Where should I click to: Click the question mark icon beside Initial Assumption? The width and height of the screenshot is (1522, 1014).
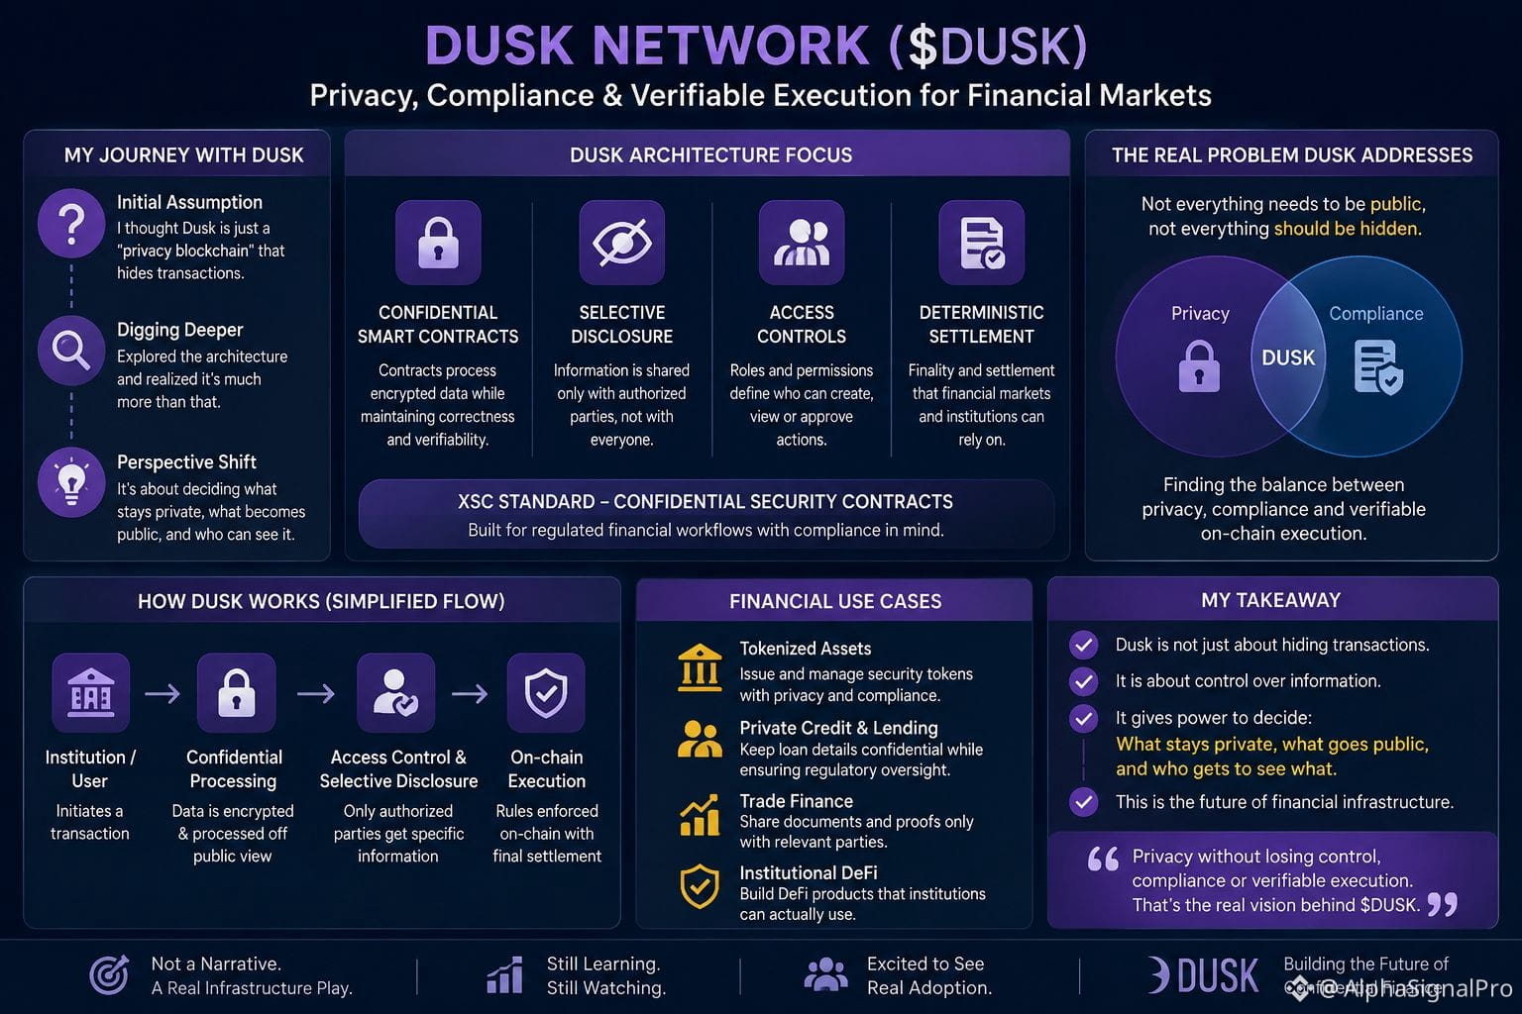[x=71, y=224]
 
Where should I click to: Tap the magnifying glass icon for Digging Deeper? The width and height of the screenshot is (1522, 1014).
[x=71, y=351]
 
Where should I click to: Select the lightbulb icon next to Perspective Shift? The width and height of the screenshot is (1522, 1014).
[x=71, y=482]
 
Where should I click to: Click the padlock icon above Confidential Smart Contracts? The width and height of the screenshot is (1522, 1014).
[x=438, y=243]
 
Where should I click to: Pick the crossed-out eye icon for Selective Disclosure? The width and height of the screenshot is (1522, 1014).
[x=621, y=243]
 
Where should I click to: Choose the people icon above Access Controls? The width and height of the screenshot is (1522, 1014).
[x=802, y=243]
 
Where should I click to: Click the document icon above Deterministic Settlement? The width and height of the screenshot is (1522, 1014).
[x=982, y=243]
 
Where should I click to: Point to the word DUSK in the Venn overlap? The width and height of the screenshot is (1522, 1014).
[x=1288, y=357]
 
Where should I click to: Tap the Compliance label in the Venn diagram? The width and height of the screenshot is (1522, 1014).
[x=1376, y=314]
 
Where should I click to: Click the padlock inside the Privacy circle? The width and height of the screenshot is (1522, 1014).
[x=1199, y=366]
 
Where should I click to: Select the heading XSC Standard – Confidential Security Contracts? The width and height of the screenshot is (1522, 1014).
[x=706, y=501]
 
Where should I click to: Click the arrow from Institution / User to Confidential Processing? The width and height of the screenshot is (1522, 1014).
[x=163, y=693]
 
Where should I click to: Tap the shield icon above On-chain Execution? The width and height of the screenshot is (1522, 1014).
[x=546, y=693]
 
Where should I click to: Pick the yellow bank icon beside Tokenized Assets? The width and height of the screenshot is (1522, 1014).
[x=700, y=667]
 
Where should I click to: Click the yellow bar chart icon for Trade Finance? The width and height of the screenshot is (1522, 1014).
[x=700, y=815]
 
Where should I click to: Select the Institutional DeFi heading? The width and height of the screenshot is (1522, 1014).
[x=809, y=872]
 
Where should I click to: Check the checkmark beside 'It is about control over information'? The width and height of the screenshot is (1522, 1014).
[x=1084, y=681]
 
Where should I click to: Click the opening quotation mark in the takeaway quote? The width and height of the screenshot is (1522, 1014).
[x=1103, y=859]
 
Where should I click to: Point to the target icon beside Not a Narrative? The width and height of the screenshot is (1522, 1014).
[x=109, y=975]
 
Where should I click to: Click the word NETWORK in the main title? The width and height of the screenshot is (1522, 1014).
[x=731, y=47]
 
